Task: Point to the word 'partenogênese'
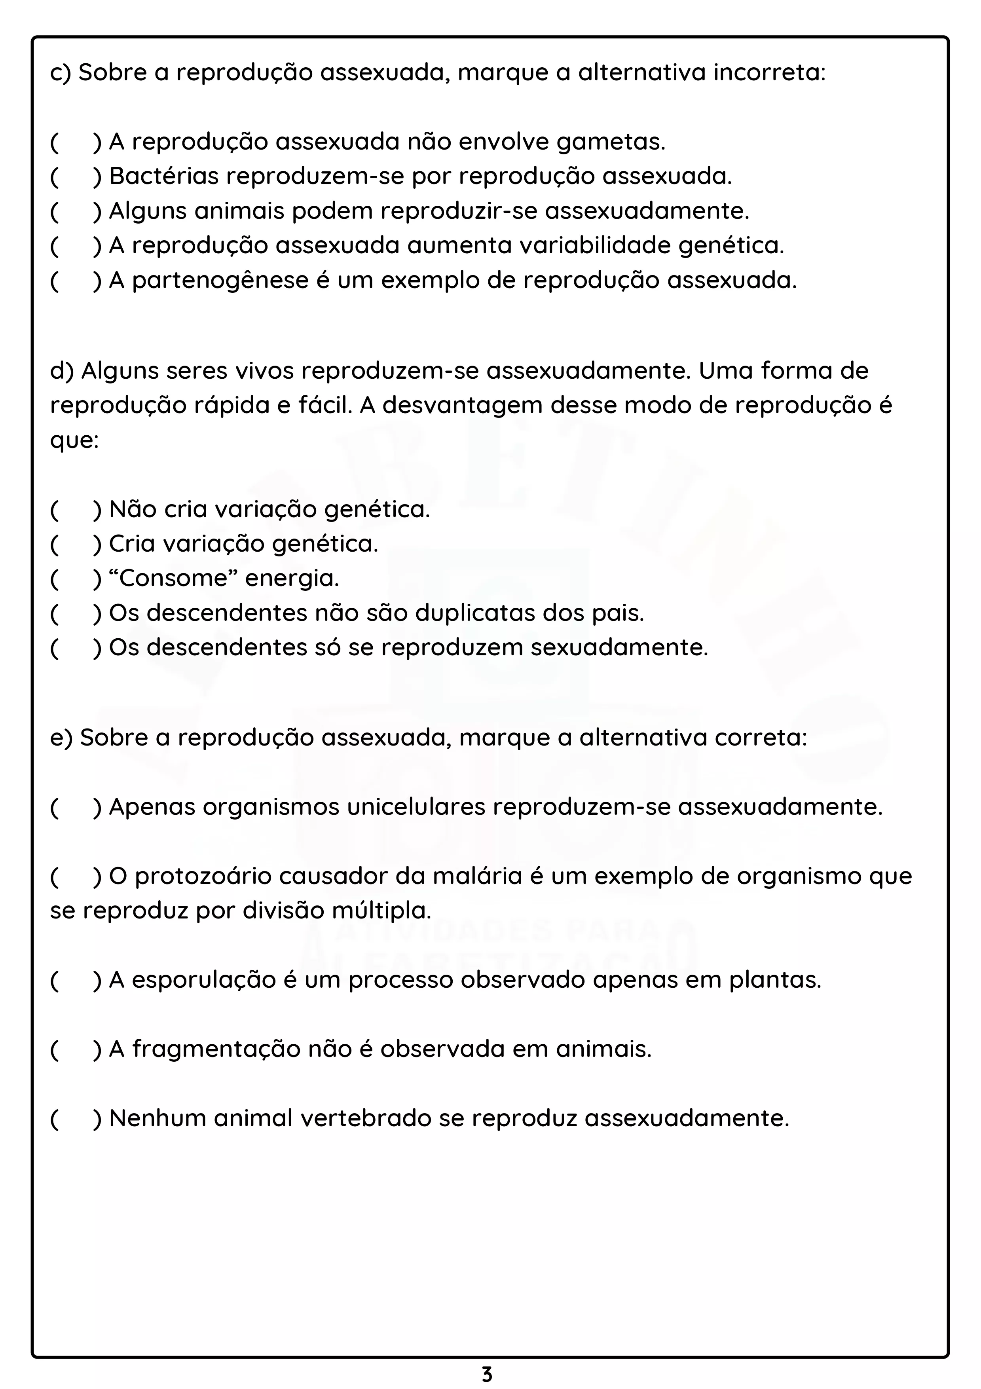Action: [x=220, y=281]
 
